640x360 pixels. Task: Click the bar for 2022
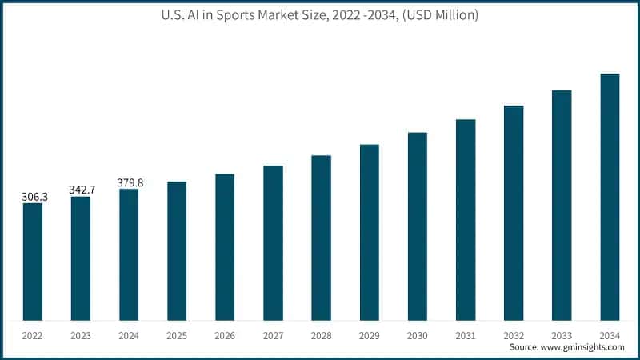pos(33,262)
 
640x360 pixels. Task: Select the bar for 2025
pos(177,251)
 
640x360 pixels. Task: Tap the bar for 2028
pos(321,238)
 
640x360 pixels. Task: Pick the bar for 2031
pos(466,220)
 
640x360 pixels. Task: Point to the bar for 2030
pos(418,226)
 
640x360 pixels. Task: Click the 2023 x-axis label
pos(81,334)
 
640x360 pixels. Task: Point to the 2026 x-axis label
pos(225,334)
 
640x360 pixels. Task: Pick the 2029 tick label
pos(369,334)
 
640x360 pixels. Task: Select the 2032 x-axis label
pos(514,334)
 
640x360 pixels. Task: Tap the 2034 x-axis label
pos(610,334)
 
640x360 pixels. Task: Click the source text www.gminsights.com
pos(583,348)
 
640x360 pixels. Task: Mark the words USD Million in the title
pos(442,16)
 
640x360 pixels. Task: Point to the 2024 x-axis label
pos(129,334)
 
